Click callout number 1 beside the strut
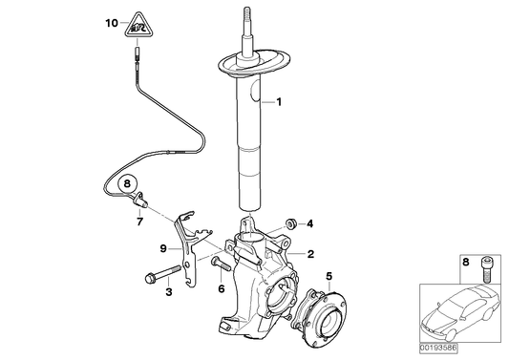pos(279,101)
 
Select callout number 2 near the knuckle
pos(310,254)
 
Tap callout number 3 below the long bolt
pos(168,292)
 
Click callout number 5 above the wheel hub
pos(329,278)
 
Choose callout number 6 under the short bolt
pos(221,288)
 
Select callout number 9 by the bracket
pos(163,248)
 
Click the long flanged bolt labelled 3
pos(161,278)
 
